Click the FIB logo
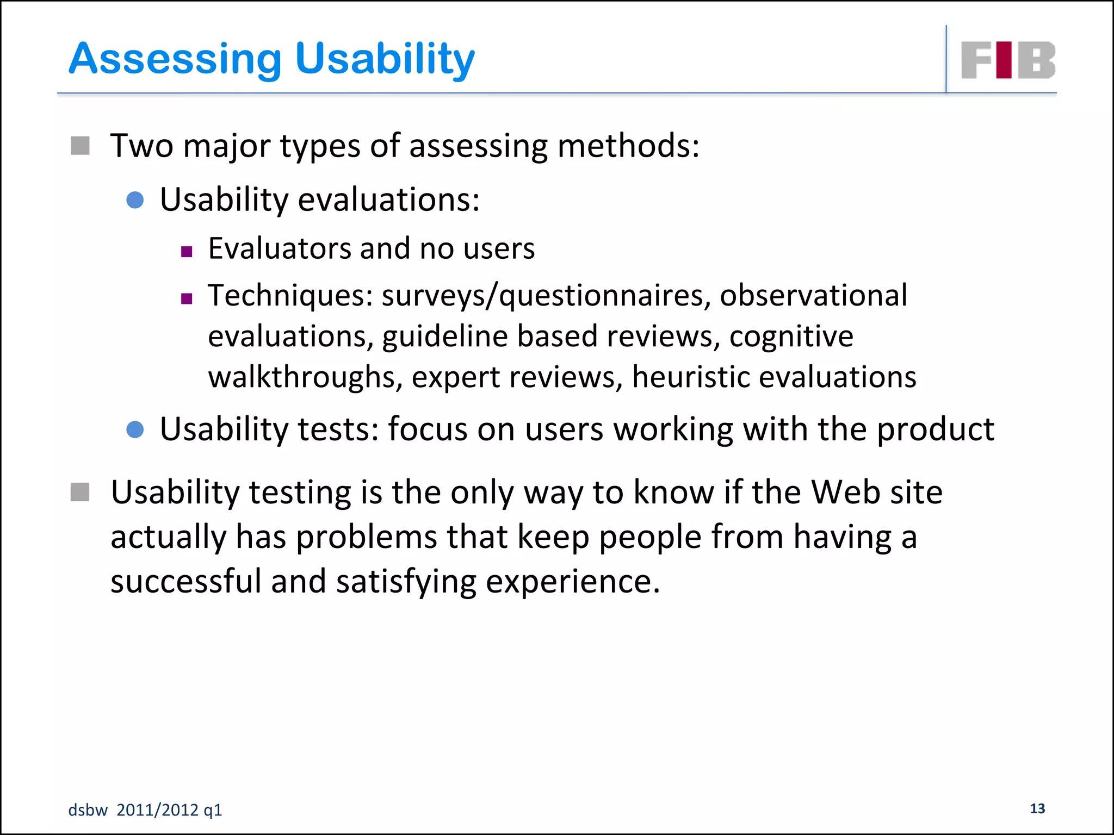[x=1008, y=60]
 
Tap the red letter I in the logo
[x=1004, y=60]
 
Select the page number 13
[x=1037, y=808]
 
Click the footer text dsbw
[x=88, y=810]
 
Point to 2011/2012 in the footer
[x=157, y=810]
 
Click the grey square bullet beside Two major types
[x=80, y=146]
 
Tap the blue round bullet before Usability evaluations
[x=135, y=200]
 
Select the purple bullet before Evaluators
[x=187, y=252]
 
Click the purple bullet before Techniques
[x=187, y=298]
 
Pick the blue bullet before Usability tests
[x=135, y=429]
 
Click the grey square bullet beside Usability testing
[x=80, y=493]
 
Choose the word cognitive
[x=791, y=337]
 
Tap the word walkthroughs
[x=305, y=377]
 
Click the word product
[x=936, y=429]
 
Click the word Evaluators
[x=280, y=249]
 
